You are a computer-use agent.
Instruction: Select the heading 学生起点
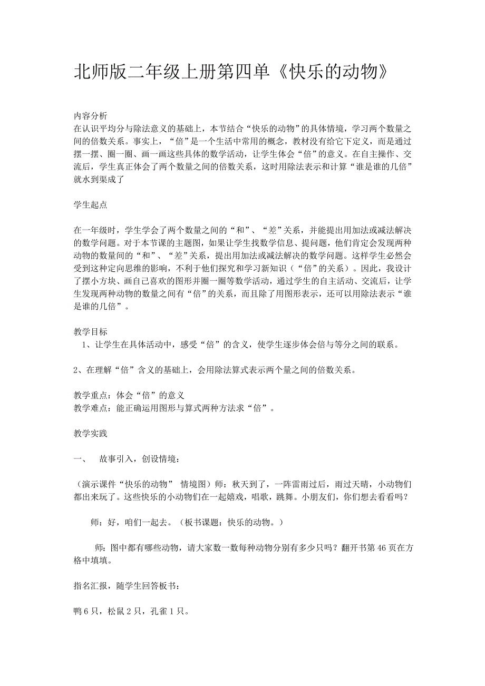pyautogui.click(x=90, y=204)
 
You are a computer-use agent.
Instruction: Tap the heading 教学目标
pyautogui.click(x=90, y=332)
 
